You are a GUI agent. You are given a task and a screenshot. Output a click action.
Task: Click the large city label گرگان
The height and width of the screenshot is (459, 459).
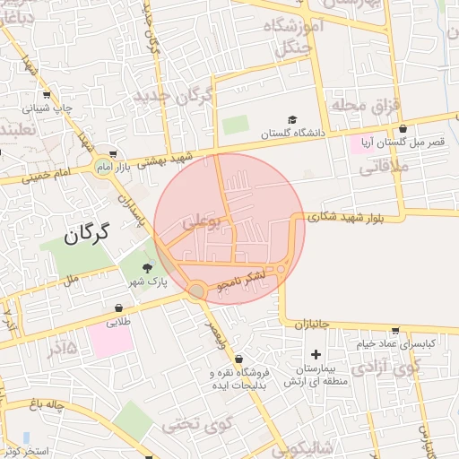coord(87,235)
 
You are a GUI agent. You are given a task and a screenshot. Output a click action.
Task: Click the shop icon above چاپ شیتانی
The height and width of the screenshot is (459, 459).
coord(46,94)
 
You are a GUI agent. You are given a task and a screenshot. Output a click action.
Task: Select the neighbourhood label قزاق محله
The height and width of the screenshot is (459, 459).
coord(363,105)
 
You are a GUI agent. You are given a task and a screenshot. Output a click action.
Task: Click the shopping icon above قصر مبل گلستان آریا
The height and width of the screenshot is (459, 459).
coord(403,128)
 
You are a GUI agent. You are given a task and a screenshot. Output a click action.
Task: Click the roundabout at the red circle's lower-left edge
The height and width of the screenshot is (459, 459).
coord(196,290)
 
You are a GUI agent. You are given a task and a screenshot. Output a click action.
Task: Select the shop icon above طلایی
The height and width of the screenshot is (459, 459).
coord(114,306)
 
